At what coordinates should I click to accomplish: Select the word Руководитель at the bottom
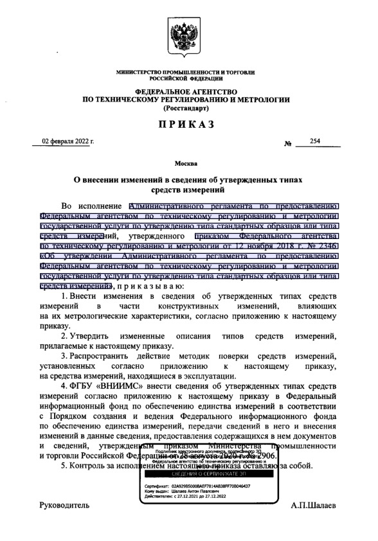(x=65, y=506)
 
